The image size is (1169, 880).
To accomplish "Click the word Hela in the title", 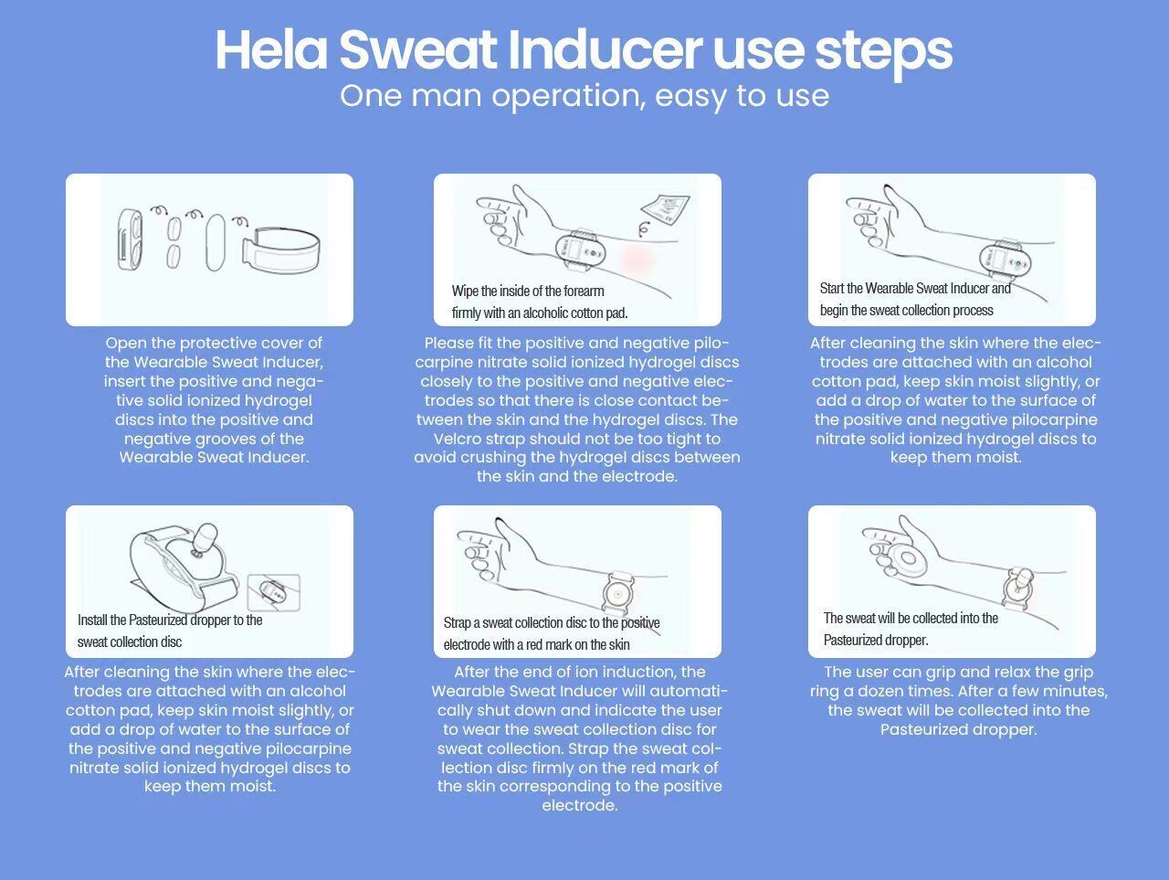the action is point(271,49).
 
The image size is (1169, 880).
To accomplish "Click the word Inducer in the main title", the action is point(605,49).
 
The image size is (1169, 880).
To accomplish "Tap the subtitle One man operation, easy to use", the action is point(584,97).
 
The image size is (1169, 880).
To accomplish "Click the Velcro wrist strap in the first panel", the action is point(280,250).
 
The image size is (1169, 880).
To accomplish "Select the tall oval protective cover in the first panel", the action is point(216,242).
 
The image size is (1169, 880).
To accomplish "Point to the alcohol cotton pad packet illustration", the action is point(665,209).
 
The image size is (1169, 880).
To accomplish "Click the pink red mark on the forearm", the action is point(637,260).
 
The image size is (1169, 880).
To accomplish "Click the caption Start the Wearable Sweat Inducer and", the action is point(915,288).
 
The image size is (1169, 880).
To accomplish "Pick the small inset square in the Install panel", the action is point(274,592).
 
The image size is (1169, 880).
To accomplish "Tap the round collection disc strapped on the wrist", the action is point(617,594).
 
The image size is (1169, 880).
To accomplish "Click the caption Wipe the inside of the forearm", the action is point(528,291).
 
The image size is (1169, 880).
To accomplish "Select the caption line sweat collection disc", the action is point(130,641).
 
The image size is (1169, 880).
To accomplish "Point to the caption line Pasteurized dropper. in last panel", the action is point(876,640).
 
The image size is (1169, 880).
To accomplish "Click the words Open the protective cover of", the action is point(214,343).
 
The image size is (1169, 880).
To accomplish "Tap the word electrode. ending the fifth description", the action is point(579,805).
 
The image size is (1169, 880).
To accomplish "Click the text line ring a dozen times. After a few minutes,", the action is point(959,691).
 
